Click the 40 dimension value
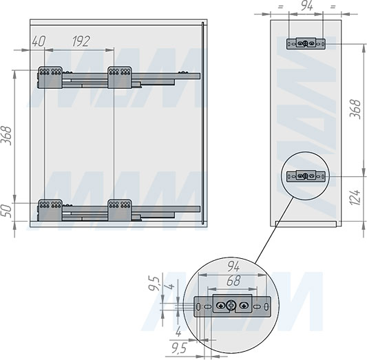click(39, 41)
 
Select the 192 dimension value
click(81, 41)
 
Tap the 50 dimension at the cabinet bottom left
click(7, 211)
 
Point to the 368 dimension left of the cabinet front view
click(6, 136)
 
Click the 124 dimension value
click(355, 197)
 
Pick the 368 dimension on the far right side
click(355, 109)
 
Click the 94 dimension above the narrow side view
click(306, 6)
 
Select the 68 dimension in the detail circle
click(233, 281)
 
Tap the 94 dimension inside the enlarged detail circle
click(233, 266)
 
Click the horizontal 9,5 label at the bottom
click(179, 348)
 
